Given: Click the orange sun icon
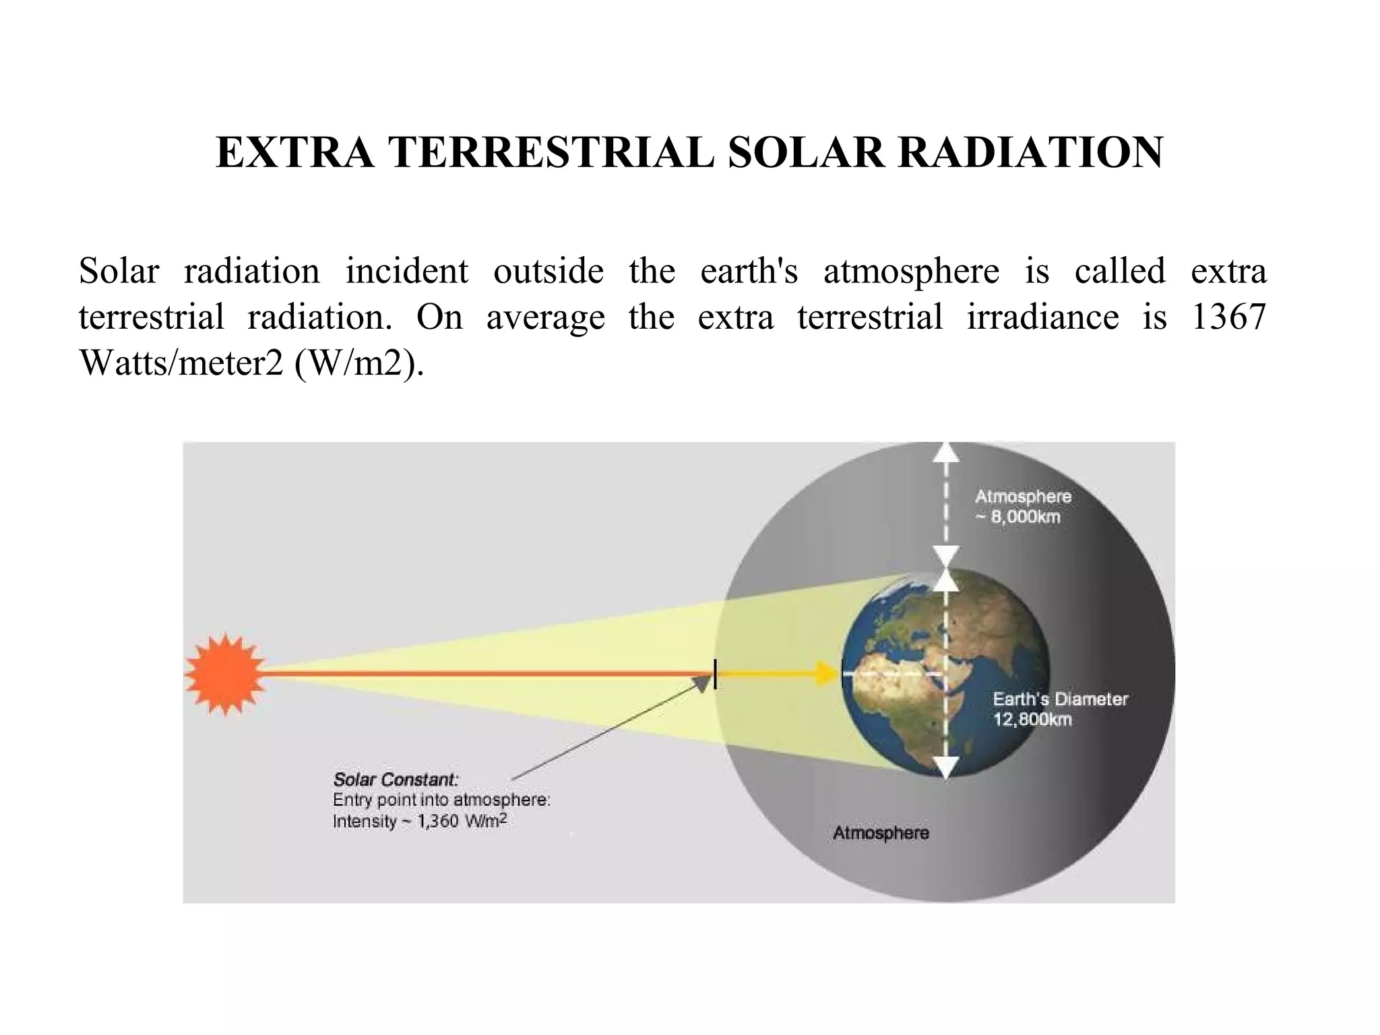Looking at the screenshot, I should [224, 674].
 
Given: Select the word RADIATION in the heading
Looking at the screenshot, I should [1030, 152].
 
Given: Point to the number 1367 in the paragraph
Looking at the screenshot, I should [1229, 317].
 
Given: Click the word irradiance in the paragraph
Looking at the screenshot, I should [1042, 317].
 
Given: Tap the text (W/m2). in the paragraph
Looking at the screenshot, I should [359, 364].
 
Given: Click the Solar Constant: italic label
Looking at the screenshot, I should [396, 780].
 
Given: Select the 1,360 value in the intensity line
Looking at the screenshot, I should [438, 821].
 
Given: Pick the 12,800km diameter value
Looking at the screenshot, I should [1032, 720].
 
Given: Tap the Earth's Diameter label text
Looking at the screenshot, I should [1060, 699].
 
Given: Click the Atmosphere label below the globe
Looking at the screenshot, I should [881, 833].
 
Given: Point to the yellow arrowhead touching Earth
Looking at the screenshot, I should [827, 673].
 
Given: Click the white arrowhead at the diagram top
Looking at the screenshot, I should [947, 453].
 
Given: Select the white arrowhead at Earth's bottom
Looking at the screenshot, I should [947, 767].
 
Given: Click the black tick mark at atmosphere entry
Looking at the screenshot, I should [715, 674].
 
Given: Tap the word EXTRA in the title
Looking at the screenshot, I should [294, 152].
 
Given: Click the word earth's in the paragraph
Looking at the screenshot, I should [749, 272].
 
